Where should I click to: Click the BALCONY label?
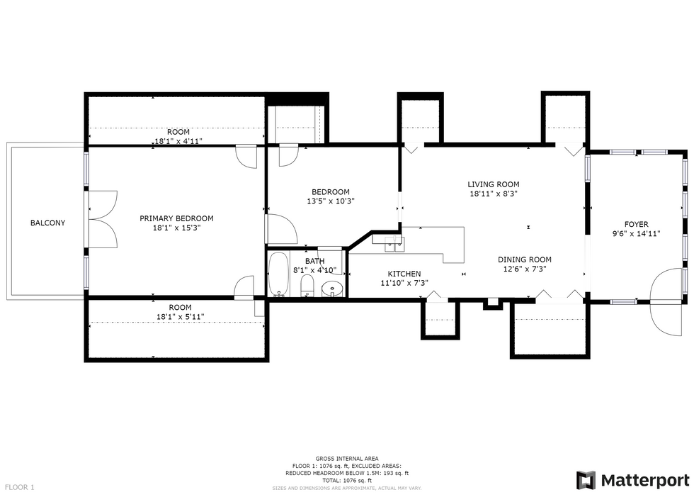[x=47, y=223]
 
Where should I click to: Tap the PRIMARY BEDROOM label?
[x=176, y=218]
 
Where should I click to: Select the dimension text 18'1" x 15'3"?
[x=176, y=228]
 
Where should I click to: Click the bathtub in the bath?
[x=278, y=274]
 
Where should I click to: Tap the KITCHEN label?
[x=404, y=274]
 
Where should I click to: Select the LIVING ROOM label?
[x=494, y=184]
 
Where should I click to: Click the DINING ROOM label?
[x=524, y=260]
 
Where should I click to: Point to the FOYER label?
[x=635, y=224]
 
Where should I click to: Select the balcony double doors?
[x=101, y=219]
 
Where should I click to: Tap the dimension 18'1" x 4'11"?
[x=178, y=141]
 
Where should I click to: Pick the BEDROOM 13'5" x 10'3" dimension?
[x=331, y=201]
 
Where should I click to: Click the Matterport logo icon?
[x=586, y=480]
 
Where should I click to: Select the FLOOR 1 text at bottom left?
[x=19, y=487]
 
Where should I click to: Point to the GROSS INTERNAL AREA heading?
[x=346, y=459]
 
